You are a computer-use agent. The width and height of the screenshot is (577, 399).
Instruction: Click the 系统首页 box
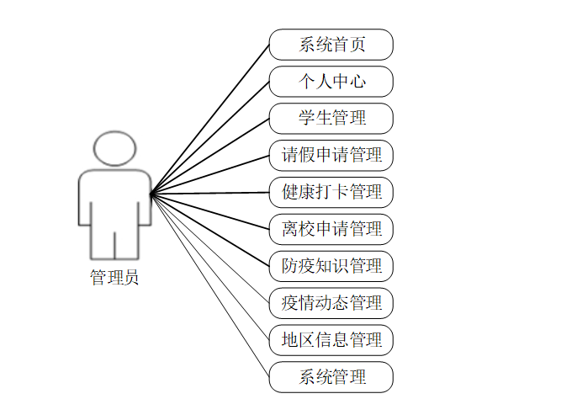click(331, 45)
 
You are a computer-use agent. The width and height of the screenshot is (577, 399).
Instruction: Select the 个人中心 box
click(331, 82)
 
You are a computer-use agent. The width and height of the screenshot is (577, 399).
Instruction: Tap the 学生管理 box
click(331, 119)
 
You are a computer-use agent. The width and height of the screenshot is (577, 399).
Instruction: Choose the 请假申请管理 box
click(331, 155)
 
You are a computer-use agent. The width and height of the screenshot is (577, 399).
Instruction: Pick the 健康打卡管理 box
click(331, 192)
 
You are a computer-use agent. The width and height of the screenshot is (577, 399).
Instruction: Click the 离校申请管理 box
click(331, 228)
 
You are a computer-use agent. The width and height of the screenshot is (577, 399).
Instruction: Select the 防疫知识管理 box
click(331, 265)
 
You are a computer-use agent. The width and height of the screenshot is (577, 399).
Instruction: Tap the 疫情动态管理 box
click(331, 301)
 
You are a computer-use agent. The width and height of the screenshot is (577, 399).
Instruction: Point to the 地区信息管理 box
click(331, 340)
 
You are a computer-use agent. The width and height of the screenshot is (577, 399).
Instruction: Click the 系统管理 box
click(331, 376)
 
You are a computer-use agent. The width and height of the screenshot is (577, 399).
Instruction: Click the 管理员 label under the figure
click(114, 277)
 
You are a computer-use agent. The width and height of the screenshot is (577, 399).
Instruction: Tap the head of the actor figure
click(114, 148)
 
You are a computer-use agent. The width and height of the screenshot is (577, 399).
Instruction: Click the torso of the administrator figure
click(114, 198)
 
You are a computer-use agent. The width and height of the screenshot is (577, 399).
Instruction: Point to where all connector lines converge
click(151, 194)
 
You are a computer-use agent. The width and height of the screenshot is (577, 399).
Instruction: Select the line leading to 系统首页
click(210, 120)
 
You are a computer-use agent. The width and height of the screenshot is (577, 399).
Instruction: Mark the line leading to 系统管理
click(210, 285)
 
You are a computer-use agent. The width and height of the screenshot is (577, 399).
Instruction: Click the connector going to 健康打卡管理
click(210, 194)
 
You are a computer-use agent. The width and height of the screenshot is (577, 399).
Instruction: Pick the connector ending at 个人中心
click(210, 138)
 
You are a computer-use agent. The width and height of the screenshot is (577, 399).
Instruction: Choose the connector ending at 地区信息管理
click(210, 267)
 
